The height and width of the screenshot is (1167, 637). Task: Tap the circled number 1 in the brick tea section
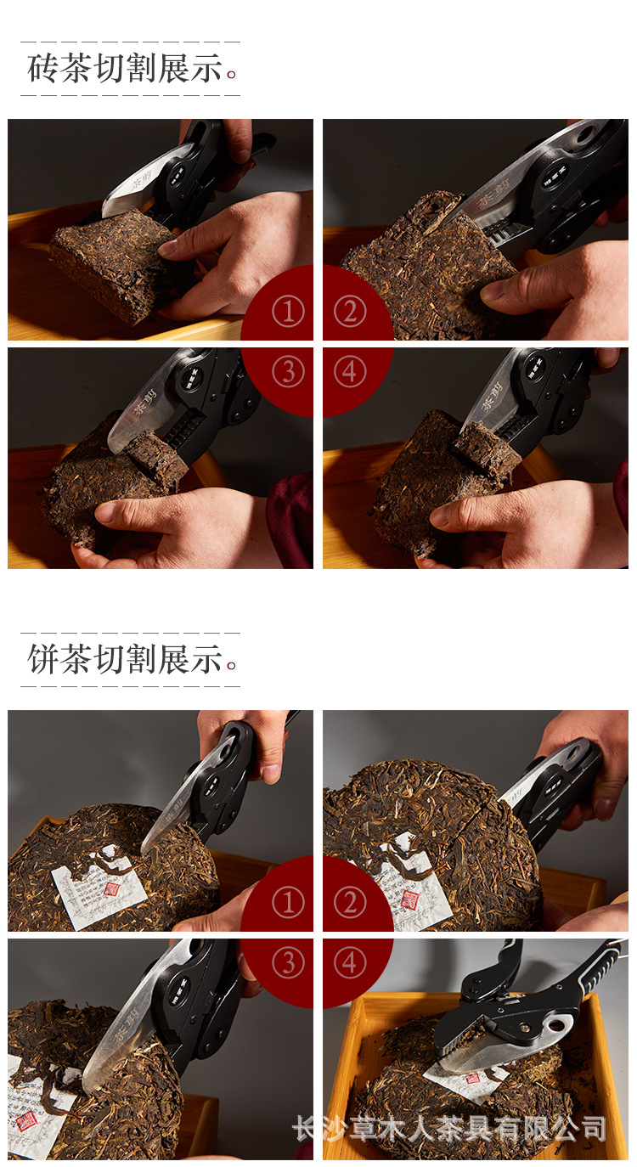click(288, 312)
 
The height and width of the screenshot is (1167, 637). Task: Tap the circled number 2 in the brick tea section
click(349, 312)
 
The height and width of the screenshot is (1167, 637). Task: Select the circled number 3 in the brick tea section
click(288, 372)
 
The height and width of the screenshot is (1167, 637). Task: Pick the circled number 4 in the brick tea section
click(349, 372)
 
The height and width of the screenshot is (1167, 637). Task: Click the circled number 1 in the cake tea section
click(288, 903)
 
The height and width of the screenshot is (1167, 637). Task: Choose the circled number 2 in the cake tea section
click(349, 903)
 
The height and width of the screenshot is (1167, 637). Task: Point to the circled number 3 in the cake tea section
click(288, 963)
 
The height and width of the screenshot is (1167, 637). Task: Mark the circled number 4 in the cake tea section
click(349, 963)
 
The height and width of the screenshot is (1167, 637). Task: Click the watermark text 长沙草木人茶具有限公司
click(449, 1129)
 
